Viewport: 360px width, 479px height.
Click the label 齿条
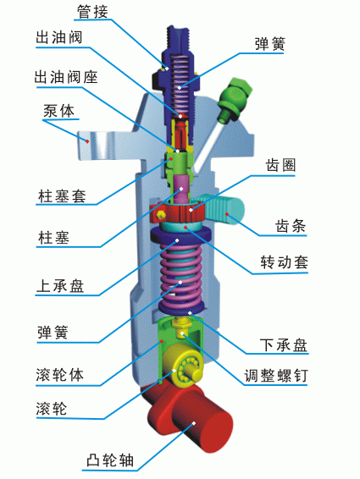[291, 227]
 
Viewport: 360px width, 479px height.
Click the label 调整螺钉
[275, 376]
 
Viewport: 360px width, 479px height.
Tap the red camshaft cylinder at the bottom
[193, 423]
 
